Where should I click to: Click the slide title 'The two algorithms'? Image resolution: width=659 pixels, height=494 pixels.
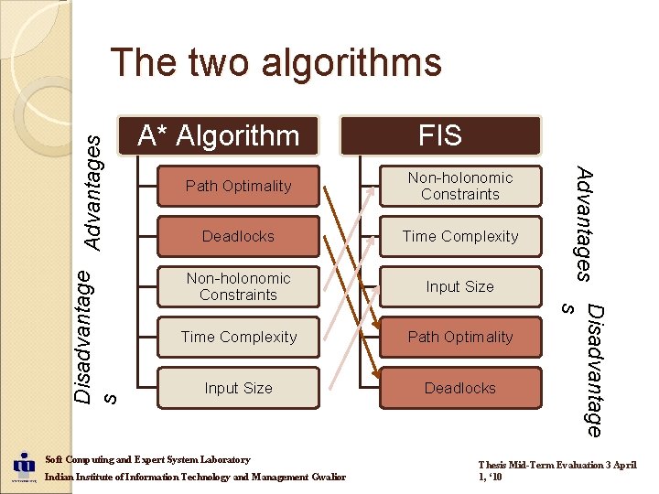[x=275, y=63]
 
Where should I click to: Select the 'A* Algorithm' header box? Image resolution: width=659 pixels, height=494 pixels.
[x=219, y=135]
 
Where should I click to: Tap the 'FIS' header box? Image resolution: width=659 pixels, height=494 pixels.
[x=440, y=135]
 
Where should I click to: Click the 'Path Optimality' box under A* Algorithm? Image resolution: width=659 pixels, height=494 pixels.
[x=238, y=186]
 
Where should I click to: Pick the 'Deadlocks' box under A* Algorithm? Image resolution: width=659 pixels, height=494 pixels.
[x=238, y=236]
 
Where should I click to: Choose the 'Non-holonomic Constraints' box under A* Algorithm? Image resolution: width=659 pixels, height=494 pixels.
[x=238, y=286]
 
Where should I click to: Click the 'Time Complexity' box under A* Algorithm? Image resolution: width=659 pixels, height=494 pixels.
[x=238, y=337]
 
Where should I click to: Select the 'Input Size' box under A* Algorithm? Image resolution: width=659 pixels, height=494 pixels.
[x=238, y=388]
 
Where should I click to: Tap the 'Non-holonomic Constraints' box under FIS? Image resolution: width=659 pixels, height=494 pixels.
[x=459, y=186]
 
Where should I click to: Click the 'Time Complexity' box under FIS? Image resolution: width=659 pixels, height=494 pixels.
[x=459, y=236]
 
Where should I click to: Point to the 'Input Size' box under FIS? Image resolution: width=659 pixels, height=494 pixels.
[x=459, y=286]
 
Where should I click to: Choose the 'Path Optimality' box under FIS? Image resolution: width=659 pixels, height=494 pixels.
[x=459, y=337]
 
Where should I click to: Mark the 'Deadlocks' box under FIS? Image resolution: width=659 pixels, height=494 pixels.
[x=459, y=388]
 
